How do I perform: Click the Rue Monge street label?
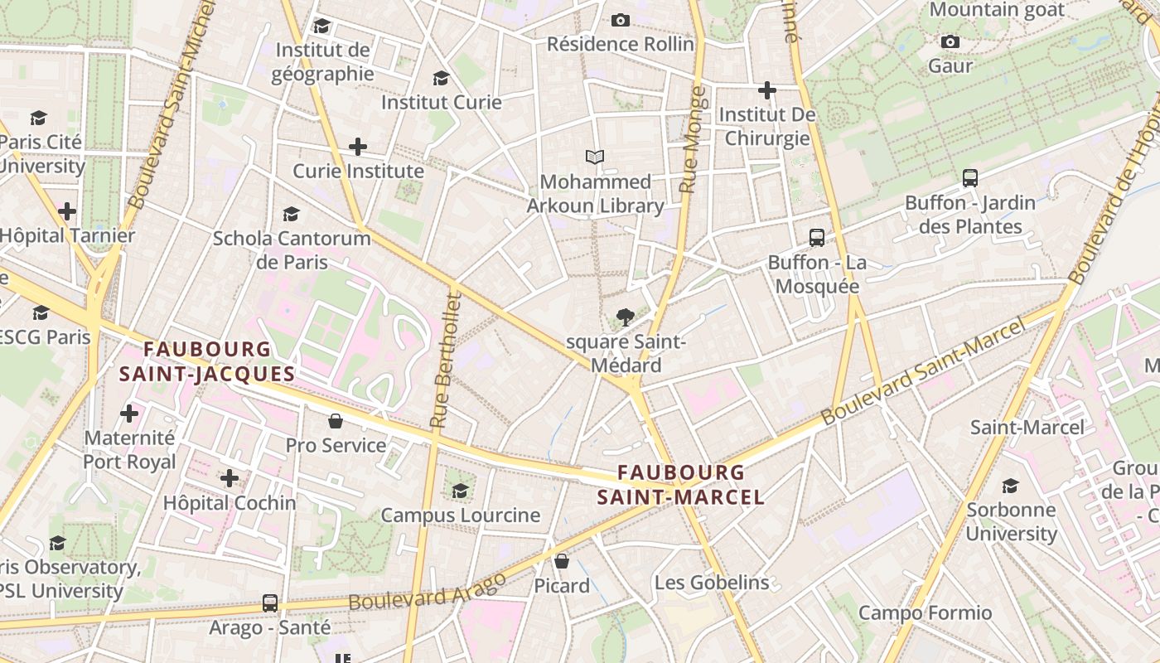click(x=689, y=141)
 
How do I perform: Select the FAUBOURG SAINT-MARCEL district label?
click(x=681, y=485)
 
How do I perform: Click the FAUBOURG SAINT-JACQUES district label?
click(x=207, y=361)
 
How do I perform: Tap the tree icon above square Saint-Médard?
click(x=626, y=317)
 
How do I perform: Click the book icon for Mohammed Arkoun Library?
click(x=595, y=157)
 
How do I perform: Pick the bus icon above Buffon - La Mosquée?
click(x=817, y=238)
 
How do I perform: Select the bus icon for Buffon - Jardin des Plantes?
click(x=970, y=177)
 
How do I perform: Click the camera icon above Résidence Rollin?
click(x=621, y=20)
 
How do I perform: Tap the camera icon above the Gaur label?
click(x=950, y=41)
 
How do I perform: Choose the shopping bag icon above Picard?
click(x=562, y=561)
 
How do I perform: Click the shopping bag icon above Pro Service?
click(x=336, y=421)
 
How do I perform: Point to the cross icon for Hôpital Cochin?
click(x=230, y=478)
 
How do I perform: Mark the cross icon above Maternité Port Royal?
click(x=129, y=413)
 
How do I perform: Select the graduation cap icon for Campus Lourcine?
click(x=460, y=491)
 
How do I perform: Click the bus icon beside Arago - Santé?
click(x=270, y=603)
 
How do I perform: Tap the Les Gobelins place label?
click(x=712, y=583)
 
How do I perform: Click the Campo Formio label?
click(x=925, y=612)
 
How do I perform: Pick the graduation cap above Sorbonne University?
click(x=1011, y=485)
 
